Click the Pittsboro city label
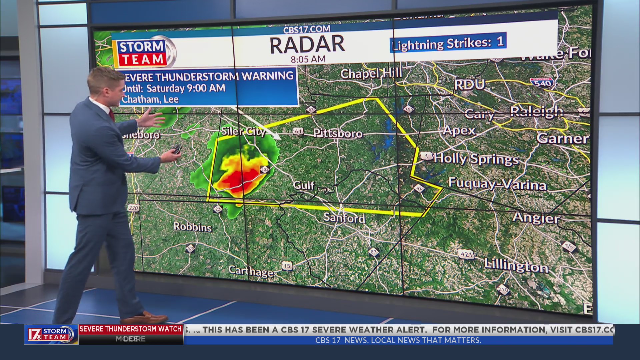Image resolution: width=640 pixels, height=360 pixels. tap(338, 134)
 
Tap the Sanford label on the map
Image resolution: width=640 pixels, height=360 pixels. tap(344, 218)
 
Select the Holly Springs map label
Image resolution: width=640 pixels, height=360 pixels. tap(476, 159)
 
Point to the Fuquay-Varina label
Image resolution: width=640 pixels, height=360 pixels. tap(497, 184)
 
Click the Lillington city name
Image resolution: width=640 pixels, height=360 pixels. tap(516, 266)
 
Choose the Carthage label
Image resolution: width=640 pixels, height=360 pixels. tap(251, 272)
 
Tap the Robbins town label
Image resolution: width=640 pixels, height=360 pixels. tap(193, 227)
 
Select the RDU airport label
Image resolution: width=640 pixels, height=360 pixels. tap(469, 85)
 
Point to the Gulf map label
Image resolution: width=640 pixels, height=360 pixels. tap(304, 185)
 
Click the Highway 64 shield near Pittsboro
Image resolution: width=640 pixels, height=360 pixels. tap(298, 132)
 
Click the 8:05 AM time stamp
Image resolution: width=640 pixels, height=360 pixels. tap(308, 60)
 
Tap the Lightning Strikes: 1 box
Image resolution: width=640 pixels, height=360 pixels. tap(448, 43)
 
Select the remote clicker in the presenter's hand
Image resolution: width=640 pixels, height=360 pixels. tap(177, 149)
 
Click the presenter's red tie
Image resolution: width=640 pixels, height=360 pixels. tap(112, 115)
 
